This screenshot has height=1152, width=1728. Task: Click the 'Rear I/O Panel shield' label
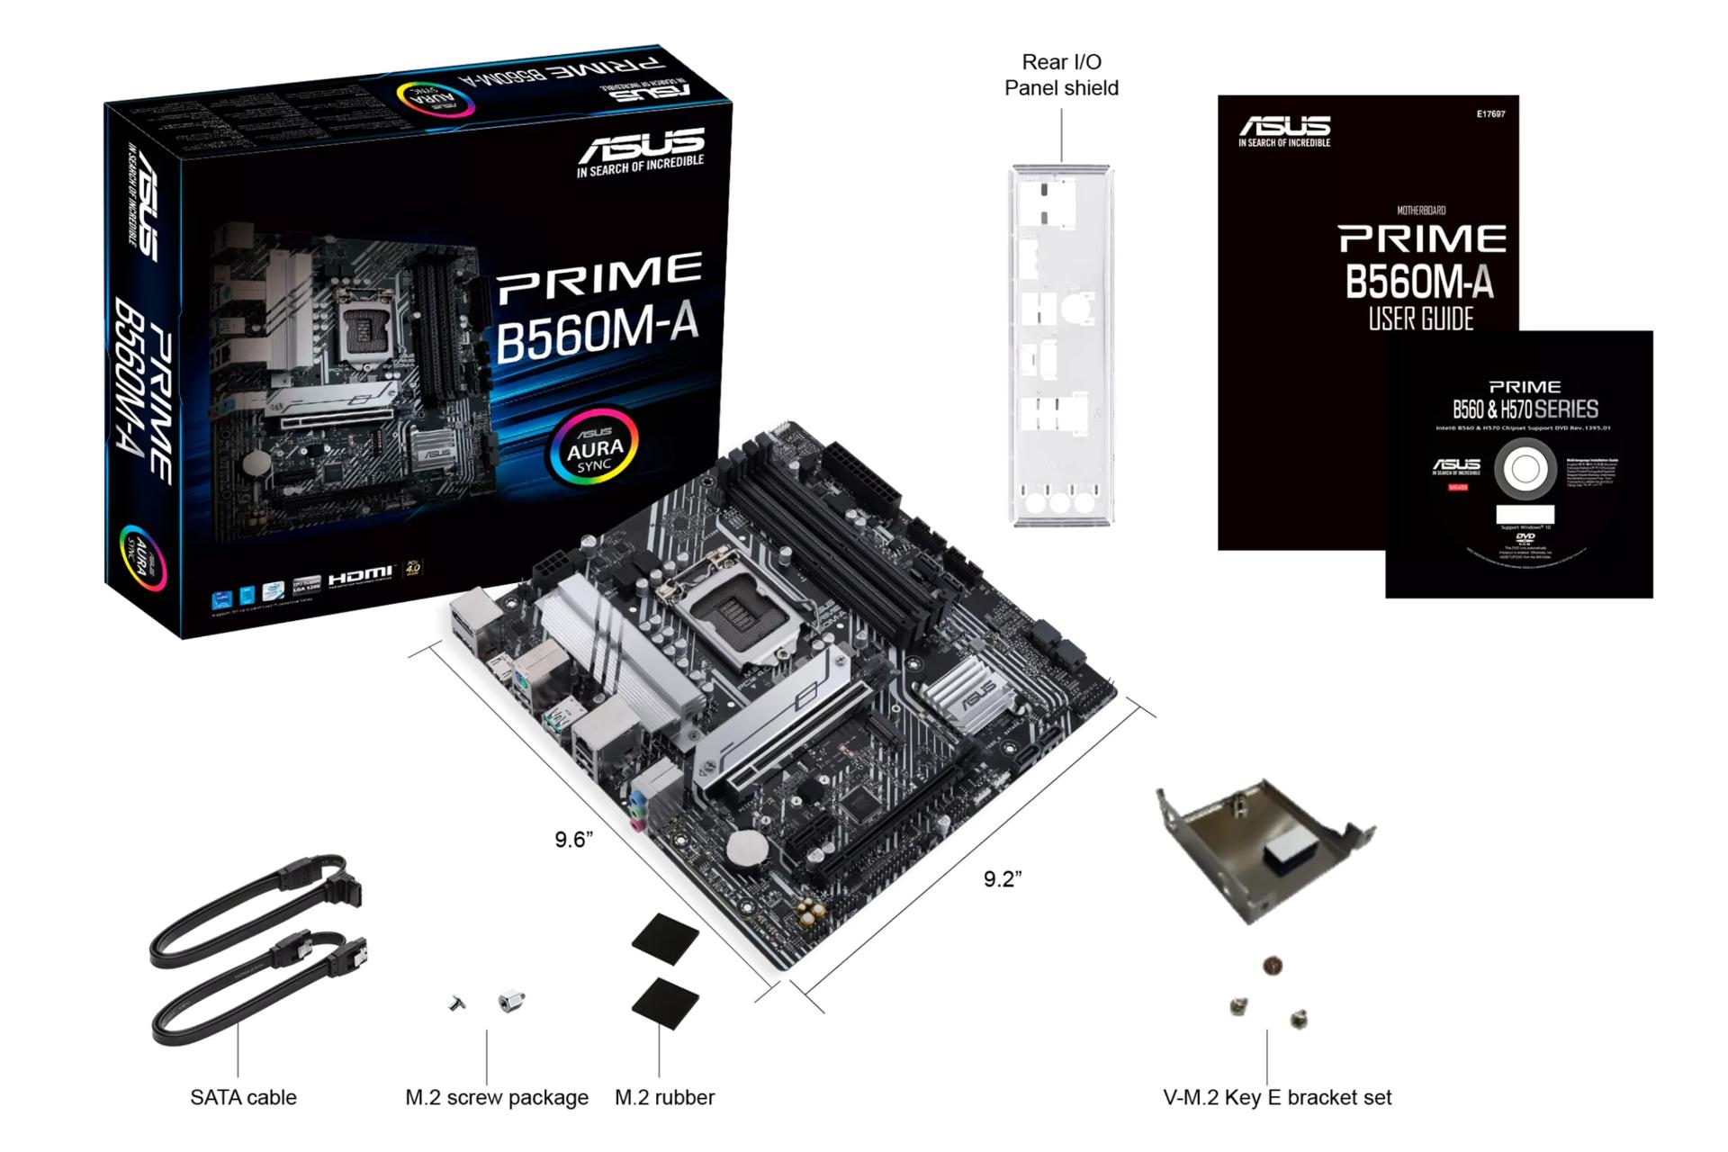coord(1061,75)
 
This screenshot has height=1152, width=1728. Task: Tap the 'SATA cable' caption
coord(243,1097)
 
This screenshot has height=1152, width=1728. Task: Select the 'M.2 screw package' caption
coord(496,1097)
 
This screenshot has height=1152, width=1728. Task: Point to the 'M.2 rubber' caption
coord(664,1097)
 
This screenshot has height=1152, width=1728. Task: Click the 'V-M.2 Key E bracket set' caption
coord(1277,1097)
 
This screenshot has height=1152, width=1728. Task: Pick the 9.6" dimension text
coord(573,840)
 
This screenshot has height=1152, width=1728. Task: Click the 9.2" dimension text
coord(1002,879)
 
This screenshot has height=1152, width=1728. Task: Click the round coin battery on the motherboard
coord(745,847)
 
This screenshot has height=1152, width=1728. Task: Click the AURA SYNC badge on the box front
coord(594,447)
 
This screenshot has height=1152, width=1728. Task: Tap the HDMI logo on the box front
coord(360,575)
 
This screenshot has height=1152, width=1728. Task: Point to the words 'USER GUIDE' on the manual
coord(1421,319)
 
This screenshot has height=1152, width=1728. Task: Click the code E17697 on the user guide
coord(1490,114)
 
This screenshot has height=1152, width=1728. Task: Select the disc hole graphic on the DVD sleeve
coord(1525,469)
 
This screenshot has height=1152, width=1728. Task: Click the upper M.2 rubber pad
coord(666,939)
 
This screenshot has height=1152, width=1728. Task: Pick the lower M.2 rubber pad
coord(666,1003)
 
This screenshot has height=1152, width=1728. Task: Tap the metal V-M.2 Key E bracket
coord(1264,846)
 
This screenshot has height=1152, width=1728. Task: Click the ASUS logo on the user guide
coord(1284,130)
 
